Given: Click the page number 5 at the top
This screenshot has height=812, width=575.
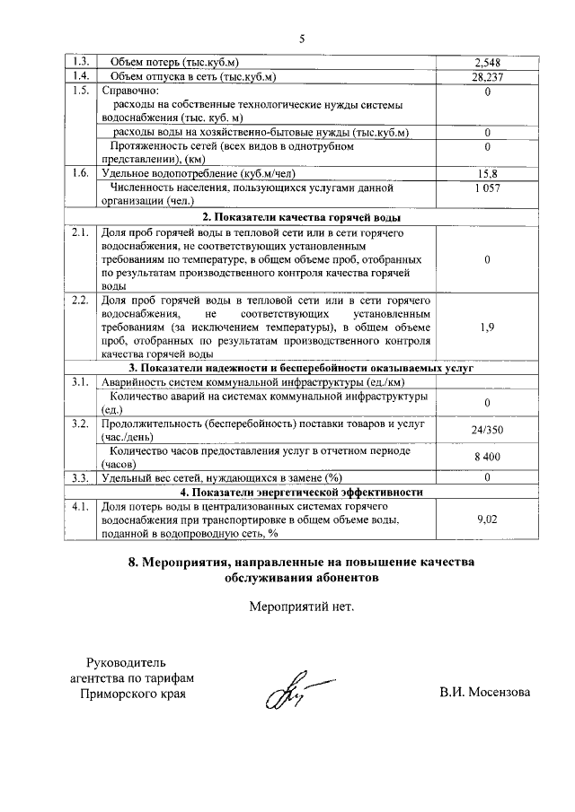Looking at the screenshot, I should pyautogui.click(x=302, y=38).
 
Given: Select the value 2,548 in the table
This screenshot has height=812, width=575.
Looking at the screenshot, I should pyautogui.click(x=486, y=62).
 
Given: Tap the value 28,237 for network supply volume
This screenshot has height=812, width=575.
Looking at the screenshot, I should pyautogui.click(x=486, y=76).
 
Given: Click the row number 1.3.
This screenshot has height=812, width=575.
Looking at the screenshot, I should pyautogui.click(x=80, y=62).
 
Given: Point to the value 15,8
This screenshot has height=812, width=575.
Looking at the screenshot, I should pyautogui.click(x=486, y=173).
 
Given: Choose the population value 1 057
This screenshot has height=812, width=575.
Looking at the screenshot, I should pyautogui.click(x=486, y=188).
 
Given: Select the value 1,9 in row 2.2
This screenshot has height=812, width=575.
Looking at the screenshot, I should pyautogui.click(x=486, y=327).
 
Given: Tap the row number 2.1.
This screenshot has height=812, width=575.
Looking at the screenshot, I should pyautogui.click(x=80, y=232).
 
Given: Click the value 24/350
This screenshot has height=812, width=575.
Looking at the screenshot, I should pyautogui.click(x=486, y=430).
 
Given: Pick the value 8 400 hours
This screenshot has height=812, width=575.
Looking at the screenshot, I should pyautogui.click(x=486, y=457).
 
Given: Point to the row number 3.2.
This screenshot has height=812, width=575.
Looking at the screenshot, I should pyautogui.click(x=80, y=422).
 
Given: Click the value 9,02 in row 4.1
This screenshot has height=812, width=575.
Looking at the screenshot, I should pyautogui.click(x=486, y=519).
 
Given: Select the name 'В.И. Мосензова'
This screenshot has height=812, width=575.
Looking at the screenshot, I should pyautogui.click(x=485, y=693).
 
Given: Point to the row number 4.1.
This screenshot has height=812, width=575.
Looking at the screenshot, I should pyautogui.click(x=80, y=506).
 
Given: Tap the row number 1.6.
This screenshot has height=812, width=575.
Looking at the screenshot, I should pyautogui.click(x=80, y=173).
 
